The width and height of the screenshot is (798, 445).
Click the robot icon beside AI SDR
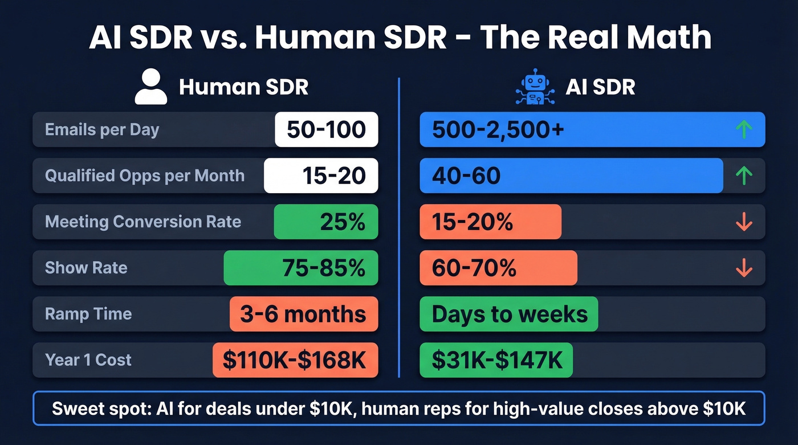[535, 87]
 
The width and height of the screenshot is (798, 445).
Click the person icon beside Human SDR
[151, 87]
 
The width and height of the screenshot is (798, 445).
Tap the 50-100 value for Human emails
[326, 129]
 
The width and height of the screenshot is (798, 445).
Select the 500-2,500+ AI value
[498, 129]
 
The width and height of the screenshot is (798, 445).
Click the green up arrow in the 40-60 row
[744, 175]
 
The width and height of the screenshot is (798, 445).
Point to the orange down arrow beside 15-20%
[744, 222]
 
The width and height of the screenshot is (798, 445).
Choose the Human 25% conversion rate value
[342, 222]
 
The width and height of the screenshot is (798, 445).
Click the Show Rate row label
[86, 268]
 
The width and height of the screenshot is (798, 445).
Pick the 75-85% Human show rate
[323, 268]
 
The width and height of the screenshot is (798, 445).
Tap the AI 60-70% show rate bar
[498, 268]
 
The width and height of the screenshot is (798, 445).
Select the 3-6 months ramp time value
[303, 314]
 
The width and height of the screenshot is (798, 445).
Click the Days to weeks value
[509, 314]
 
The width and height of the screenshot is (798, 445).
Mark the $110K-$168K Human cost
[295, 360]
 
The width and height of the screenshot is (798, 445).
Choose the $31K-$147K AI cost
[496, 360]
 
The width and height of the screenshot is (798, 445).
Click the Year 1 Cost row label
[88, 360]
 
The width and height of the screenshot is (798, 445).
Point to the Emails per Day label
[102, 129]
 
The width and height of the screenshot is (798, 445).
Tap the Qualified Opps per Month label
[145, 175]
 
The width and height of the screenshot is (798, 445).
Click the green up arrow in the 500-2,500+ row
[744, 129]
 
